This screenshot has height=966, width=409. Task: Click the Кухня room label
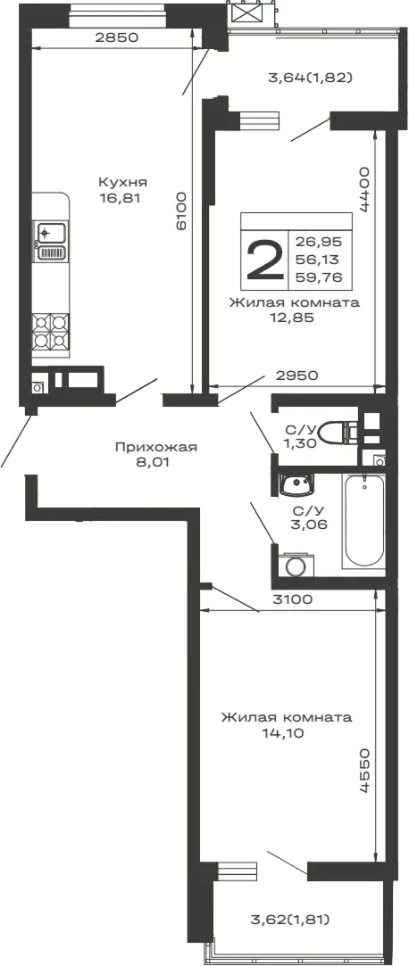coord(122,182)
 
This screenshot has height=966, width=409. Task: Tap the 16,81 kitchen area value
coord(123,198)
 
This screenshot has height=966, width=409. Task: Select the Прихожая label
coord(156,447)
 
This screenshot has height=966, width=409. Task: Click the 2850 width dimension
coord(116,37)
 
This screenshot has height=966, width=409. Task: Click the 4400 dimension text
coord(364,188)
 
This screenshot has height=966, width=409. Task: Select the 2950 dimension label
coord(296,376)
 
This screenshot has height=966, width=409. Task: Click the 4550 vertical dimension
coord(364,772)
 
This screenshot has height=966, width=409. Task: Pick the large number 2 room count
coord(264,260)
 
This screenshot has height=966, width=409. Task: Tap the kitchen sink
coord(51,242)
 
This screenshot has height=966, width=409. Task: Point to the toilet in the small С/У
coord(340,433)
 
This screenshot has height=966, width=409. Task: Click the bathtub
coord(364,521)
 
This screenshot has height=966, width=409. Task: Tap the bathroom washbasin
coord(296,484)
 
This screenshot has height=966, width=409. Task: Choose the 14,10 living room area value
coord(287,733)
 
